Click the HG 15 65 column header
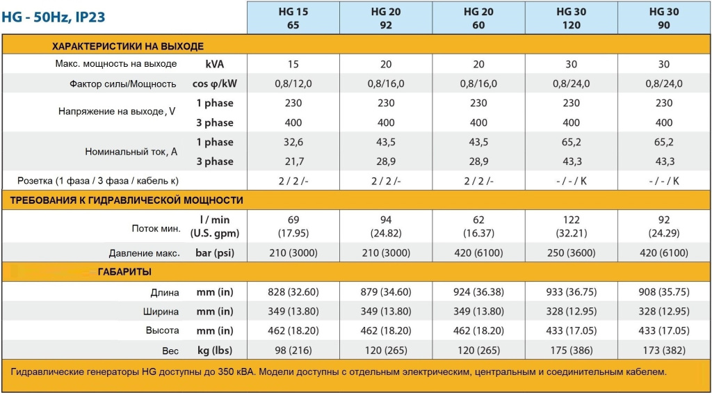[x=293, y=18]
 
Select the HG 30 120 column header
[x=571, y=18]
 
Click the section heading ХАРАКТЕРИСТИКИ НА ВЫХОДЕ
[x=128, y=47]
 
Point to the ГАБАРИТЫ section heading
[x=124, y=271]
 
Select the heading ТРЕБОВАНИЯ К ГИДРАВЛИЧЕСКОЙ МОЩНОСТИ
[x=126, y=200]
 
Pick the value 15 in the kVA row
[x=293, y=64]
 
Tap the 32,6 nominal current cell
[x=293, y=142]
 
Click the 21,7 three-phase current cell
[x=293, y=161]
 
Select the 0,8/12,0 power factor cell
[x=293, y=83]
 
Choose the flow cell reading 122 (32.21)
[x=571, y=227]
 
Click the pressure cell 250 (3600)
[x=571, y=253]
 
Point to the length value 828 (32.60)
[x=293, y=292]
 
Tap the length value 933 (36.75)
[x=571, y=292]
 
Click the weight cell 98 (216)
[x=293, y=351]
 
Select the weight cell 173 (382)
[x=663, y=351]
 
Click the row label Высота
[x=165, y=331]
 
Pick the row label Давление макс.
[x=145, y=253]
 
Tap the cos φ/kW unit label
[x=214, y=83]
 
